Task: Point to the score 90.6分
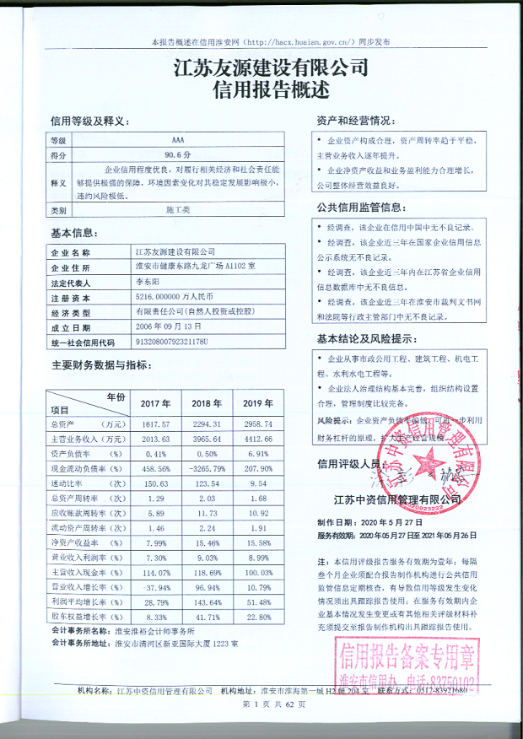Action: pyautogui.click(x=178, y=155)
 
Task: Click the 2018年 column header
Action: pyautogui.click(x=207, y=403)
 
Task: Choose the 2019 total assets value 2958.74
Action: pyautogui.click(x=257, y=423)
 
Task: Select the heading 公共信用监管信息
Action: pyautogui.click(x=364, y=208)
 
